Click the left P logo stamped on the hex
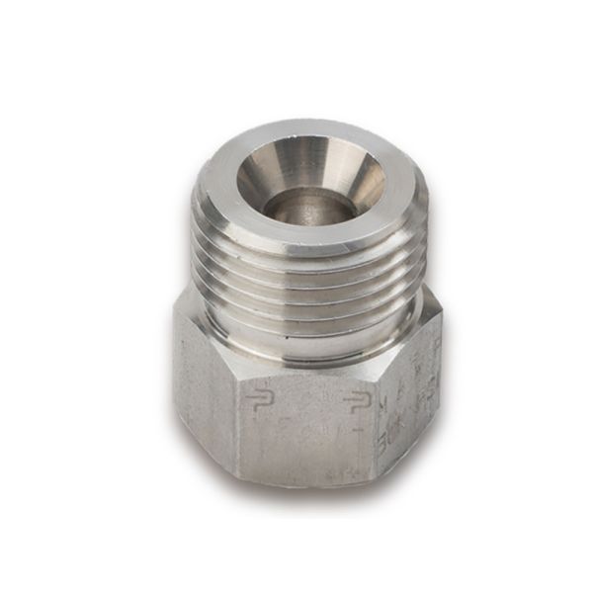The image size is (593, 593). tap(260, 401)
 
